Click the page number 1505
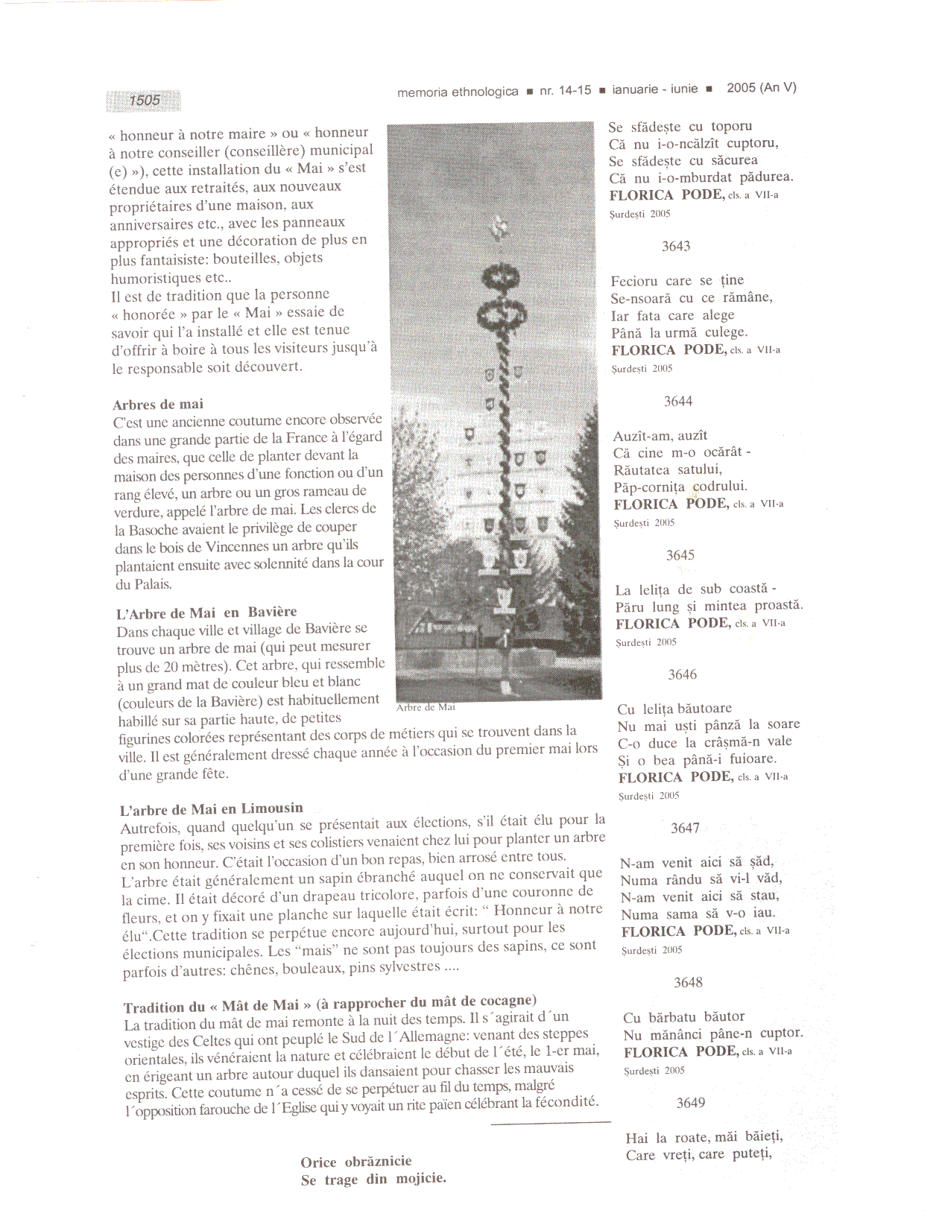(x=144, y=101)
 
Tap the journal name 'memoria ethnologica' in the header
(x=458, y=92)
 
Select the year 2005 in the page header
(x=741, y=88)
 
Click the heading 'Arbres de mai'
(x=158, y=405)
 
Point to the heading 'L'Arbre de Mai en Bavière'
(x=206, y=613)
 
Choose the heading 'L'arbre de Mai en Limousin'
(x=212, y=808)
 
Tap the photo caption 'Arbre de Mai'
(x=426, y=707)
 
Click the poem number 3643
(x=676, y=246)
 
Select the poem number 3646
(x=682, y=674)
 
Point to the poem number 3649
(x=690, y=1103)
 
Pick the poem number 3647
(x=685, y=828)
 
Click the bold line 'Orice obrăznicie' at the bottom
(x=356, y=1162)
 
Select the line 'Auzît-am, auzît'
(x=660, y=436)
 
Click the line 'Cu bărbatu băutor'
(x=683, y=1017)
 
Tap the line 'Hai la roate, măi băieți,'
(x=704, y=1137)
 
